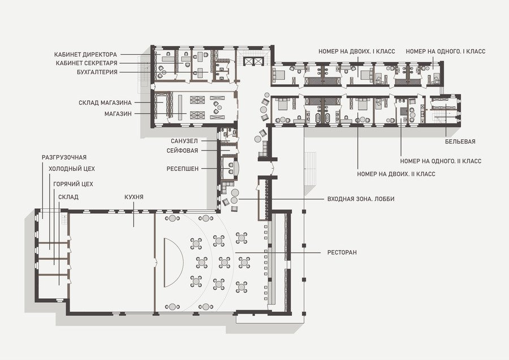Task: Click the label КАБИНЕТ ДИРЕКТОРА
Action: coord(85,54)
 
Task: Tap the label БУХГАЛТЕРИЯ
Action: coord(97,72)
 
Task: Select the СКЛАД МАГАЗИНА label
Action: coord(105,102)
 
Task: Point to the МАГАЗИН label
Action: coord(118,114)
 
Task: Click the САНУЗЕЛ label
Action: coord(184,141)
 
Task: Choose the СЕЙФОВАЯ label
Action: coord(182,151)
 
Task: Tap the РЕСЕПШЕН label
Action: coord(183,169)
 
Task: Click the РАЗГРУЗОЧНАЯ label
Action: coord(64,157)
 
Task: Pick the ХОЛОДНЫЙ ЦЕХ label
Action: coord(72,169)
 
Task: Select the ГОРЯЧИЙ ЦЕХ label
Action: coord(74,184)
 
